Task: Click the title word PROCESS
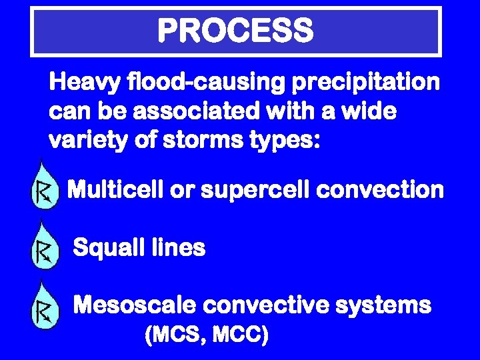(x=235, y=31)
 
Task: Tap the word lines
(x=179, y=249)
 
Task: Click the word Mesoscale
(x=134, y=306)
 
